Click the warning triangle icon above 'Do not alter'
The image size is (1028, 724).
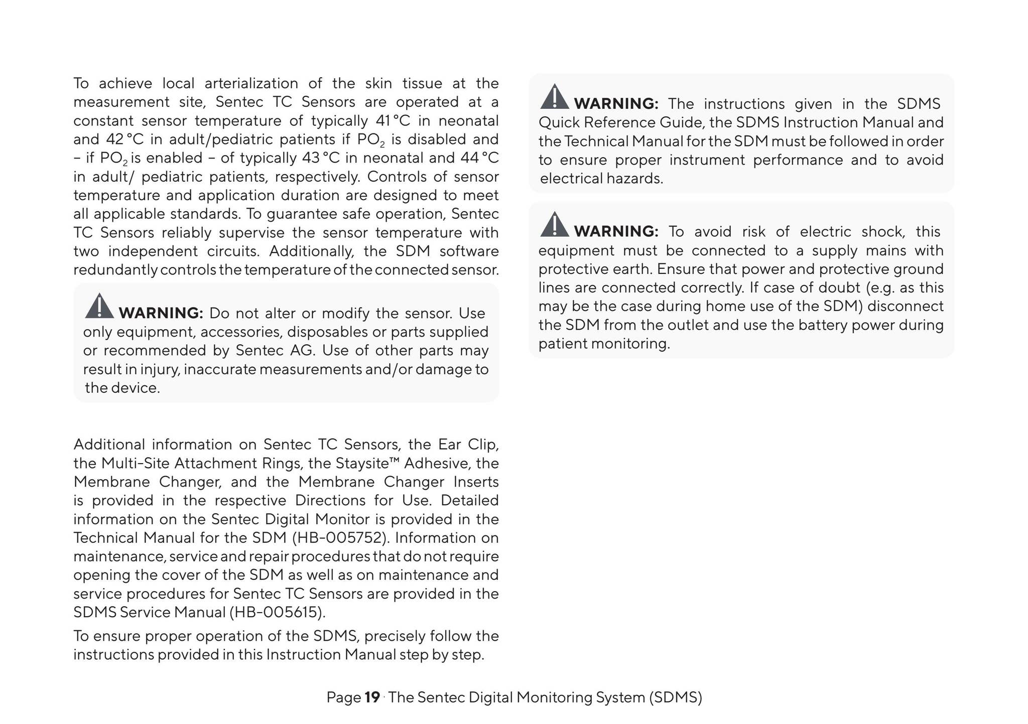click(99, 307)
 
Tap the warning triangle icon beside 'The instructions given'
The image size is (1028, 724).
click(554, 97)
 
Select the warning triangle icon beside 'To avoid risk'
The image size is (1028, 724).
click(554, 225)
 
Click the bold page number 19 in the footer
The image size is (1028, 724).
click(372, 697)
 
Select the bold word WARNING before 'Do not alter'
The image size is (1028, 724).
click(161, 313)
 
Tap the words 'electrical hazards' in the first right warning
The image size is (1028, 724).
click(601, 179)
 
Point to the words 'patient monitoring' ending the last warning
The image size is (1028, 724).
click(604, 344)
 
